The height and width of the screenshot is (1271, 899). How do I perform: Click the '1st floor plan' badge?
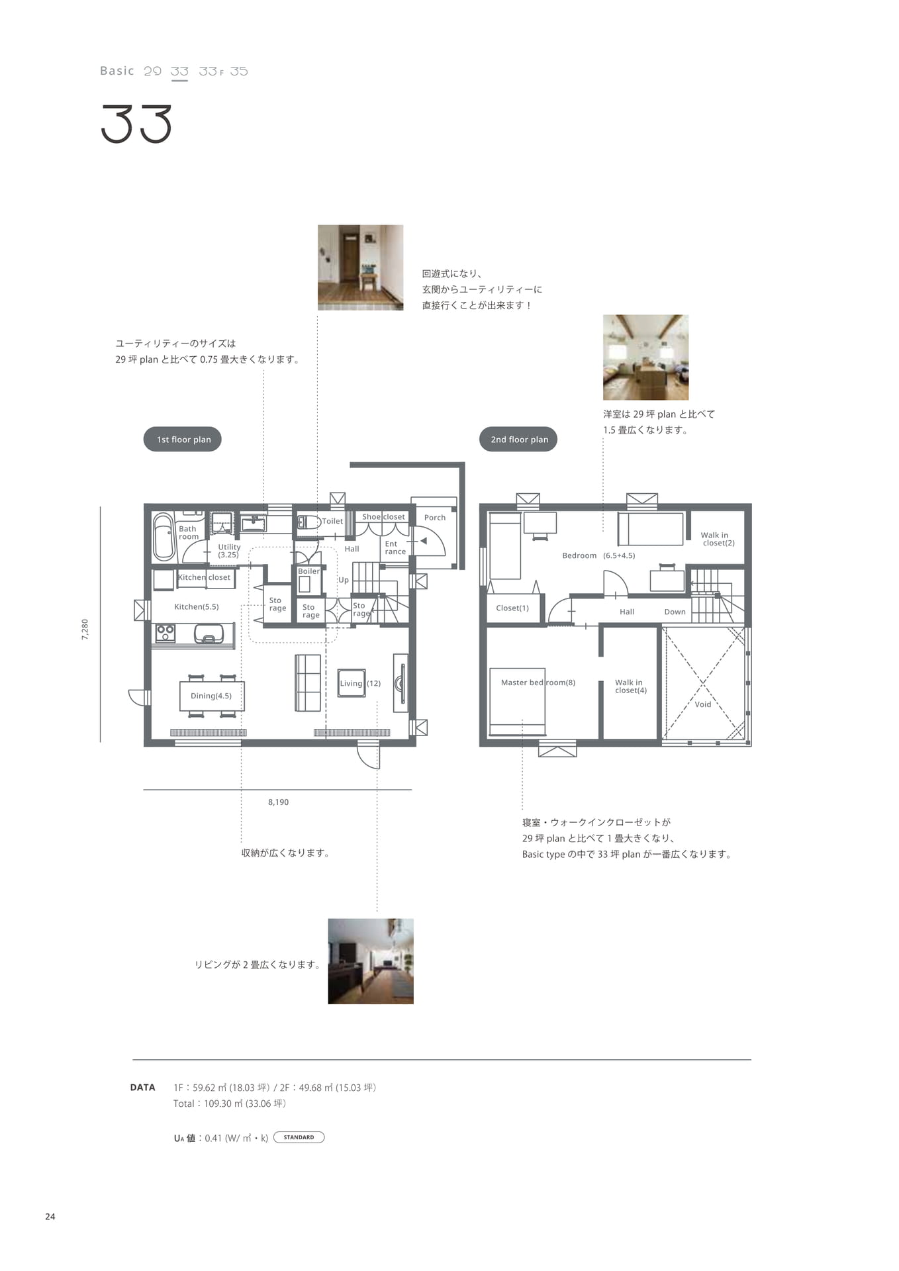(182, 439)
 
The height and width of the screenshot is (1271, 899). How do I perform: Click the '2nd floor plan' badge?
(518, 439)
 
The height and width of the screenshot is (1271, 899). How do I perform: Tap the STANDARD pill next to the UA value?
(299, 1137)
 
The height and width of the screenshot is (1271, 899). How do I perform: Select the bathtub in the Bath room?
(164, 537)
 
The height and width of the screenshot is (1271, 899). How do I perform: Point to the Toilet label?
(332, 521)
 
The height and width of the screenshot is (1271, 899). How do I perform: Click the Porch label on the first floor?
(435, 518)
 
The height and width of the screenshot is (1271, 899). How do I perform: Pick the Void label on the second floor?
(703, 704)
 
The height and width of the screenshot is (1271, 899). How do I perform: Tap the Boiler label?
(308, 571)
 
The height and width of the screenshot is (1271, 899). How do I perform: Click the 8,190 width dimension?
(278, 802)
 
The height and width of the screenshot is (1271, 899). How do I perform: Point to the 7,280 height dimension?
(85, 629)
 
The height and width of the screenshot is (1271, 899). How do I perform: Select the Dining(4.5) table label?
(211, 696)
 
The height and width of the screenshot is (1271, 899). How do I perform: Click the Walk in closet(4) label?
(631, 686)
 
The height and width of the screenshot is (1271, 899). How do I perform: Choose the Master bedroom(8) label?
(538, 683)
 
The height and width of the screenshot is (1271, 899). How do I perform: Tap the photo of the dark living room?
(371, 961)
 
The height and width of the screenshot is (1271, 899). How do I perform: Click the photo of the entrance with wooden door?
(360, 267)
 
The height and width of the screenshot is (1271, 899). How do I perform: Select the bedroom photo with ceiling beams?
(645, 357)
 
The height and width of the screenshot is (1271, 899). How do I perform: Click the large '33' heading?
(137, 124)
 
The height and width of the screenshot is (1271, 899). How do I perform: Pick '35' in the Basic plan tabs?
(239, 71)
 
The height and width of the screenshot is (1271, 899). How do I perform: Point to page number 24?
(50, 1217)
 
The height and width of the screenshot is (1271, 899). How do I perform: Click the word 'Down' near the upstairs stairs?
(675, 612)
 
